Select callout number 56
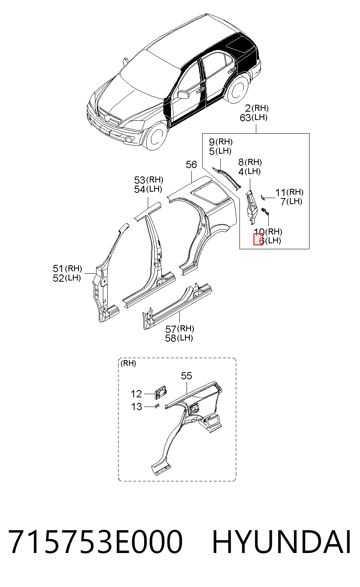tap(191, 164)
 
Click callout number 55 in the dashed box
tap(187, 376)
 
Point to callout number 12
tap(136, 394)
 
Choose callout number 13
tap(136, 407)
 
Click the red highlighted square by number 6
tap(258, 240)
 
